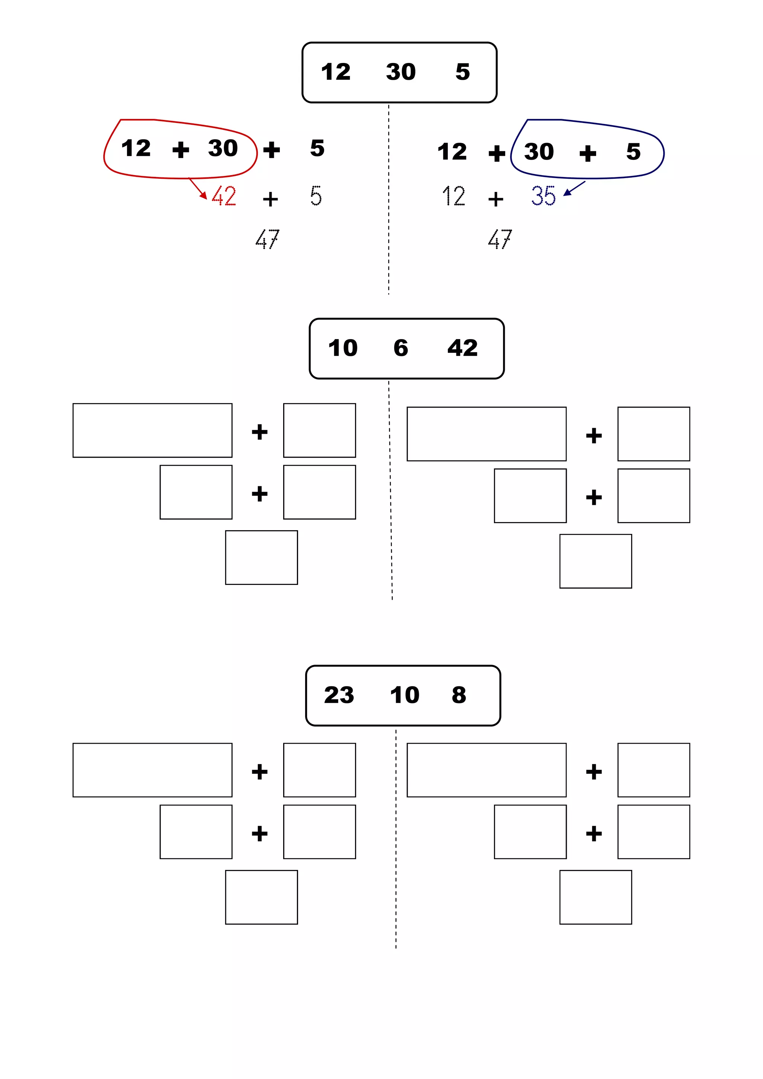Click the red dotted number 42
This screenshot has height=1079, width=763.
224,196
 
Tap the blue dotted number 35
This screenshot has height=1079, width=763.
543,196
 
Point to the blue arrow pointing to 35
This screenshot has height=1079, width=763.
574,188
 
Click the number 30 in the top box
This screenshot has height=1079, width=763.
401,72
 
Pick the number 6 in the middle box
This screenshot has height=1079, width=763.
401,348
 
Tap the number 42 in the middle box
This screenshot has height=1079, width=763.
462,348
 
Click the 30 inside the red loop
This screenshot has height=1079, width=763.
223,149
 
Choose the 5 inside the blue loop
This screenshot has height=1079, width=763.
633,152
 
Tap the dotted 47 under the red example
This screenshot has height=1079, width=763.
267,239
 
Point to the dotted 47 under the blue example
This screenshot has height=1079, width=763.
500,239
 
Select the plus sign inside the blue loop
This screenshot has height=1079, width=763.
588,154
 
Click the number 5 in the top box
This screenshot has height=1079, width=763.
463,72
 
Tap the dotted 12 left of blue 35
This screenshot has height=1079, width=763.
454,196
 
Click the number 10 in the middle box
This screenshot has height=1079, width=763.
343,348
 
